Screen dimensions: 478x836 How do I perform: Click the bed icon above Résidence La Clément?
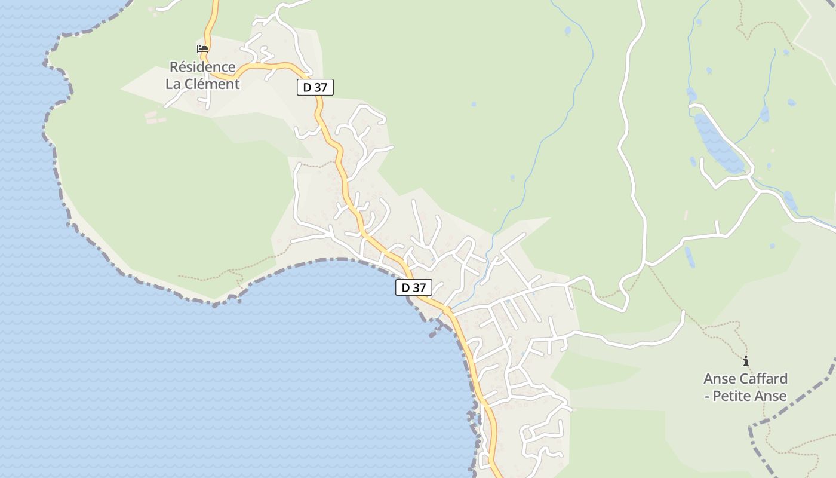(x=202, y=49)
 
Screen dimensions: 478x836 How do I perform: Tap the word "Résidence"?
(x=202, y=66)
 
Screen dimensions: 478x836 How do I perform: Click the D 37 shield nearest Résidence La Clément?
(x=315, y=87)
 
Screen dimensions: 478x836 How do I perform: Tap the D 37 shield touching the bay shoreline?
(x=413, y=287)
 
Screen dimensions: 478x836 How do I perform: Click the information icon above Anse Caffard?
(x=745, y=361)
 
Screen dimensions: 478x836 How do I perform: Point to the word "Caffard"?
(x=764, y=378)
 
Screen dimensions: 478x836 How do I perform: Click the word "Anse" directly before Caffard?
(x=720, y=378)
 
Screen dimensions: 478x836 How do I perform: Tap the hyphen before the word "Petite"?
(x=708, y=396)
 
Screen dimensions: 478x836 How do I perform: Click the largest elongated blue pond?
(x=720, y=143)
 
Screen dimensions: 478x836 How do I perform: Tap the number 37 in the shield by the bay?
(x=419, y=287)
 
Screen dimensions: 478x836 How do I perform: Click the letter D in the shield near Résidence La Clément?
(x=307, y=87)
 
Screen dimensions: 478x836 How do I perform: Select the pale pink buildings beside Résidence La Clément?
(x=154, y=117)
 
